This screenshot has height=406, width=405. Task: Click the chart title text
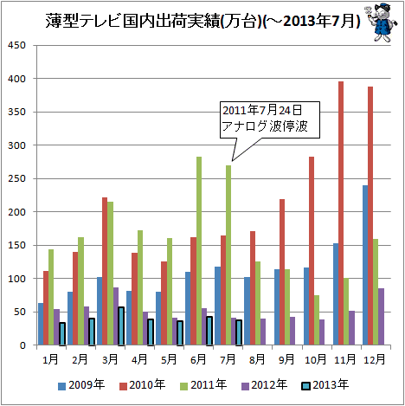[202, 21]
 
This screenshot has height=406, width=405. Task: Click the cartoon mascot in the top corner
[382, 23]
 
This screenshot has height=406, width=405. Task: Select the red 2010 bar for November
[341, 213]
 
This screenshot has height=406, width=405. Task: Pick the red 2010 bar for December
[370, 216]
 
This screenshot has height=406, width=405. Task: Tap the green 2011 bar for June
[199, 251]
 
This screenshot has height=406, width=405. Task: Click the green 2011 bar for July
[228, 255]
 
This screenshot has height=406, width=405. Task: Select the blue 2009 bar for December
[365, 265]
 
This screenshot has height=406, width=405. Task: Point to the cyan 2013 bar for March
[121, 326]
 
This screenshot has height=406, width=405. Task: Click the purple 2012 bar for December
[381, 317]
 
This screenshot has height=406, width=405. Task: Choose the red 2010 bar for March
[105, 271]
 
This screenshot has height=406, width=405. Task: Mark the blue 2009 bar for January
[41, 324]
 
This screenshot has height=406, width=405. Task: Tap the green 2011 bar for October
[317, 320]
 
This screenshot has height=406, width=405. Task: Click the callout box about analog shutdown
[270, 119]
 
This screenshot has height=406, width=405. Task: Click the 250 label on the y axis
[16, 178]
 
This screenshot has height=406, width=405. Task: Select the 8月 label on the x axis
[257, 359]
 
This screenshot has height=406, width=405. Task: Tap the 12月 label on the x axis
[375, 359]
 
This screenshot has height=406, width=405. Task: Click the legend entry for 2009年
[81, 385]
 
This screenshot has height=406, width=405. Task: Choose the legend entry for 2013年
[325, 385]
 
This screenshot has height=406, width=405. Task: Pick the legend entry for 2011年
[203, 385]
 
